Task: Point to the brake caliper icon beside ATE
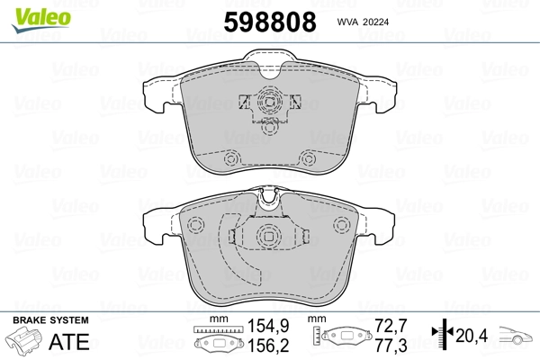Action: (25, 343)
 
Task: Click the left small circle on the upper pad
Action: (230, 159)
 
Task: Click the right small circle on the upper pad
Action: (308, 159)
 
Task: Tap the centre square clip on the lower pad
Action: (268, 237)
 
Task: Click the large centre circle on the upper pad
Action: (268, 104)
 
